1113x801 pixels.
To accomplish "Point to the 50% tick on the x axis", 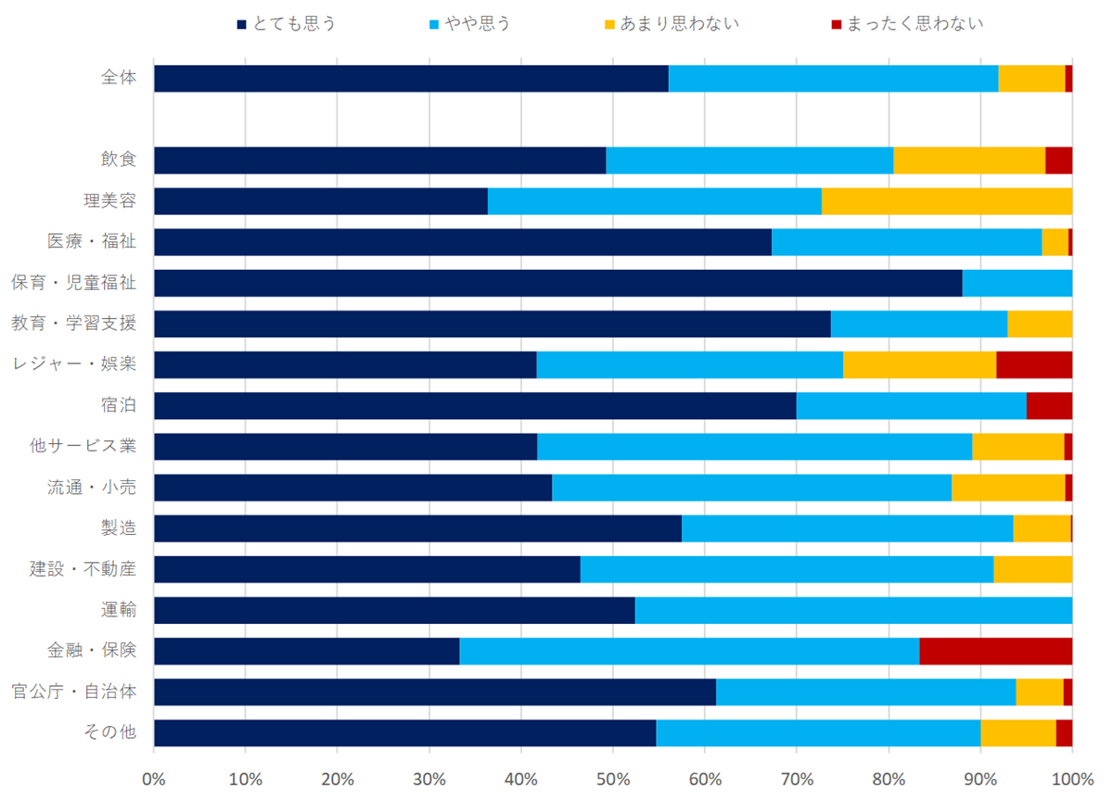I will pos(613,776).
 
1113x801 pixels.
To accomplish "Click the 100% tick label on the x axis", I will pos(1072,776).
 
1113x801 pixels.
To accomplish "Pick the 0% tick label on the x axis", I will pos(154,776).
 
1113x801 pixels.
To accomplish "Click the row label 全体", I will pos(119,78).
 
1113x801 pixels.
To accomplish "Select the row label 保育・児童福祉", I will pos(73,283).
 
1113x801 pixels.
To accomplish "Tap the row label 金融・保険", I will pos(92,651).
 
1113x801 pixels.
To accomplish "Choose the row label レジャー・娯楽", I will pos(73,364).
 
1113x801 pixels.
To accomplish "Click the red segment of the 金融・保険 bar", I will pos(995,651).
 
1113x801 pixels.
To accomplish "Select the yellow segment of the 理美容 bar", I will pos(947,201).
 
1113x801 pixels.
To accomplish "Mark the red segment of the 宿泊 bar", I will pos(1049,405).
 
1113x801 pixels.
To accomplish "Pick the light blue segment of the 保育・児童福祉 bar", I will pos(1017,283).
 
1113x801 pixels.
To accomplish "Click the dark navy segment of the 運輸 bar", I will pos(394,610).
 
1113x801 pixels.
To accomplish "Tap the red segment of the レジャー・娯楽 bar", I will pos(1034,364).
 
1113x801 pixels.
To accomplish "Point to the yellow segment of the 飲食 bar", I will pos(969,160).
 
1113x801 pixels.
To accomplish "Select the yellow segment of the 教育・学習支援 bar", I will pos(1040,324).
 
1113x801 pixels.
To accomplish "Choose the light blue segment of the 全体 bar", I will pos(833,78).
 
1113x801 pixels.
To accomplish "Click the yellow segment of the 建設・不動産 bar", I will pos(1032,569).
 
